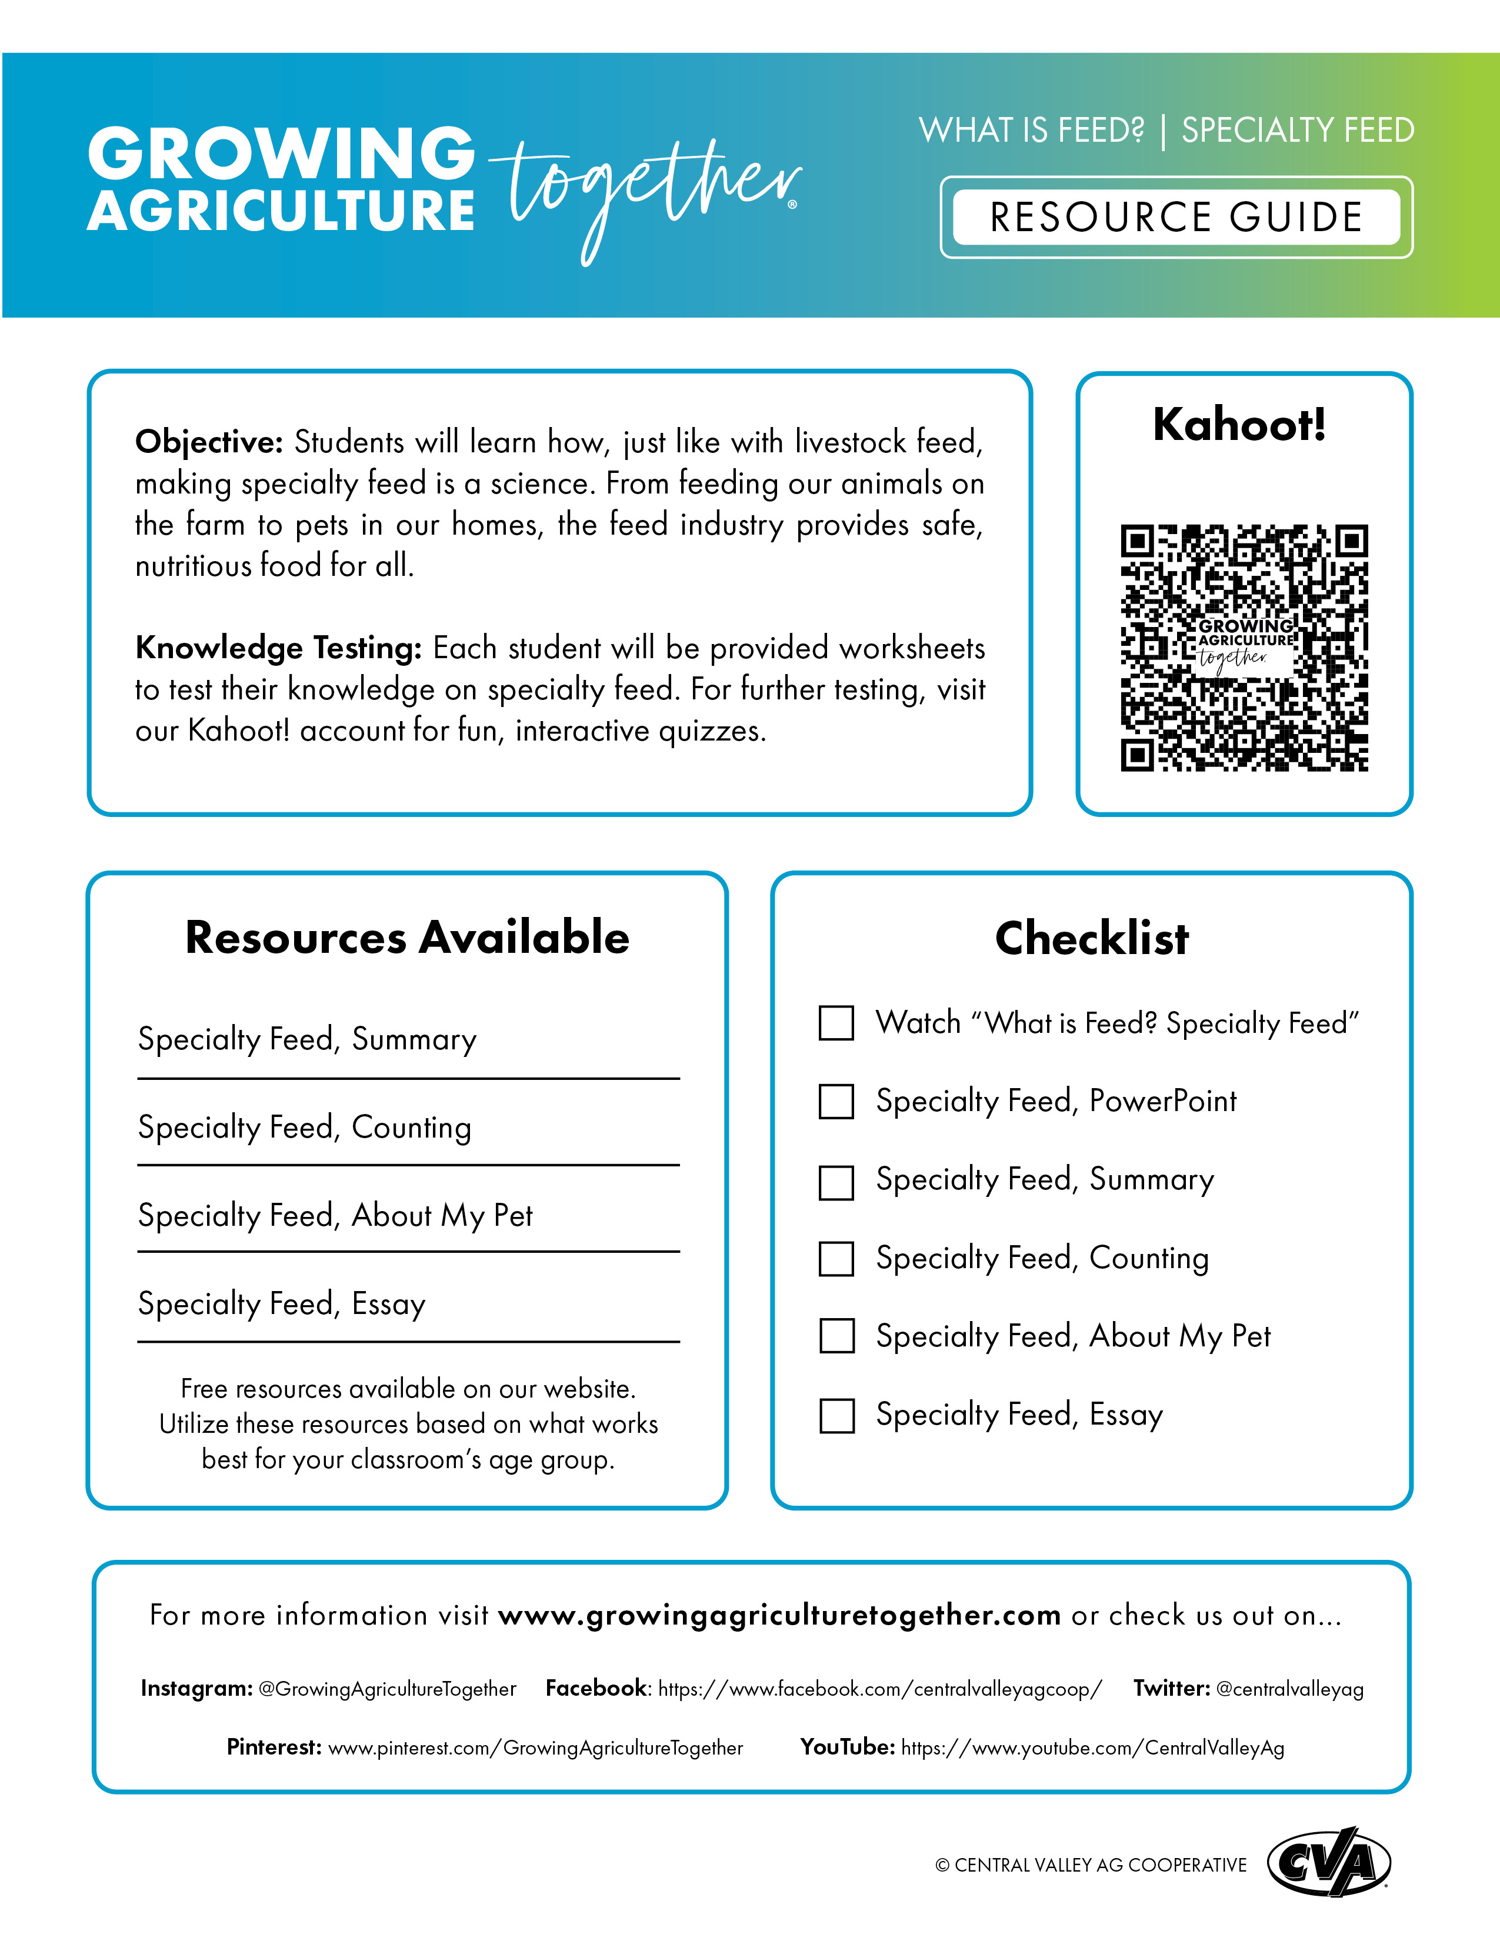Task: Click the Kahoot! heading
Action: [1239, 425]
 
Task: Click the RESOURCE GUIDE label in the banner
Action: [1176, 218]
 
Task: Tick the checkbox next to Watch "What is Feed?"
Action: [836, 1023]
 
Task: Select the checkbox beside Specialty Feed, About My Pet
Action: [836, 1336]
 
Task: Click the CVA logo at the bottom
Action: [1328, 1862]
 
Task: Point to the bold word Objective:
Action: [209, 442]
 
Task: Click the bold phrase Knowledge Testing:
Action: [278, 648]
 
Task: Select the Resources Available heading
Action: [407, 938]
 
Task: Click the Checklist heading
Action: [1091, 939]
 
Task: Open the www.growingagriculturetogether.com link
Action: [779, 1615]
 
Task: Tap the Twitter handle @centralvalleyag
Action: [1289, 1689]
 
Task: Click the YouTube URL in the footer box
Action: [1092, 1748]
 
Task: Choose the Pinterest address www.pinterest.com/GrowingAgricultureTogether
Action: [535, 1748]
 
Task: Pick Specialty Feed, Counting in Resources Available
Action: [305, 1127]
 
